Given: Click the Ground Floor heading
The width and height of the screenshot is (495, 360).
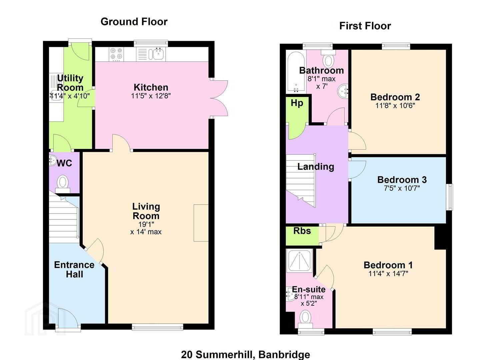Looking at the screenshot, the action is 134,22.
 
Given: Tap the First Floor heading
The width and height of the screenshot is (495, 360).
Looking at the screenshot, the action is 365,26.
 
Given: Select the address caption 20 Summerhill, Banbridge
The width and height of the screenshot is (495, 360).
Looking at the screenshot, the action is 246,354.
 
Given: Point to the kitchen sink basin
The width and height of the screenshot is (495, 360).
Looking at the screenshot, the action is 157,54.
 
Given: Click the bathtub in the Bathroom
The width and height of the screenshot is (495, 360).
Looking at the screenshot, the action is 296,72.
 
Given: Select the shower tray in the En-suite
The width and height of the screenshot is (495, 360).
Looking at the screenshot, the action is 299,261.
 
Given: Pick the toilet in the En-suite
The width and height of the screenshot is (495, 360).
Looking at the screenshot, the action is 305,319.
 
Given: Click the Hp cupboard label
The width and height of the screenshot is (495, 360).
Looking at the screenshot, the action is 297,103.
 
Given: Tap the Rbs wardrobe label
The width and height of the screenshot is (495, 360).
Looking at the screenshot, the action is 302,231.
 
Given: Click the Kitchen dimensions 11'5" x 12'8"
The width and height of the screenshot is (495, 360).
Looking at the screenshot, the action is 151,96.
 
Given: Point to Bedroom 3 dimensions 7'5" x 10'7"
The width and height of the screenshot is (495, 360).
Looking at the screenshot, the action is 402,188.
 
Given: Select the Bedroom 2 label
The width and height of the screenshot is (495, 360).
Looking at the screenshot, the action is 395,97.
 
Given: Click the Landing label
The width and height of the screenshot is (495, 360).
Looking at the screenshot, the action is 316,167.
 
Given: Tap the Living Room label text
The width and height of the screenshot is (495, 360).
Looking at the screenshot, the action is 146,211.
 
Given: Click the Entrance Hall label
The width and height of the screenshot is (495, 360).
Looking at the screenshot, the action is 74,269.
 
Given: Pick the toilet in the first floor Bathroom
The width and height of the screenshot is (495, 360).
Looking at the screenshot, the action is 328,59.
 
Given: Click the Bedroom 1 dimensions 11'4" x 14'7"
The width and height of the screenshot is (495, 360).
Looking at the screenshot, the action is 388,274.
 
